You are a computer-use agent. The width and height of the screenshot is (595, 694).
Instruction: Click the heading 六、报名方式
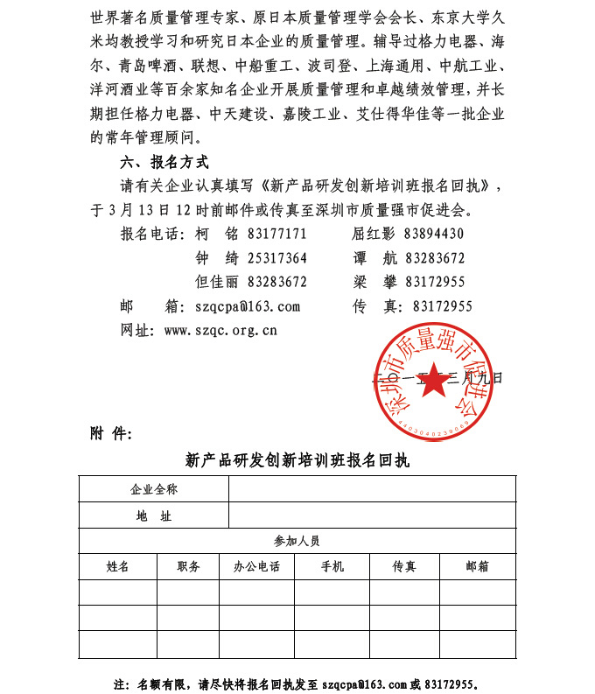(x=164, y=162)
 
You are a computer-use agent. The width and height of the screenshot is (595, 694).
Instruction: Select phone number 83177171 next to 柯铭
(x=277, y=234)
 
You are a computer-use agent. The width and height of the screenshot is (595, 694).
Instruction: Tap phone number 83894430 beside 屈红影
(x=434, y=234)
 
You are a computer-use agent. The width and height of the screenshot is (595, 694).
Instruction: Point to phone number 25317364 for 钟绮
(x=277, y=258)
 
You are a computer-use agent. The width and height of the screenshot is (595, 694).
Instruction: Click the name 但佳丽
(x=217, y=282)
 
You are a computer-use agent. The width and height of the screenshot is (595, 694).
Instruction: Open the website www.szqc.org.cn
(x=220, y=330)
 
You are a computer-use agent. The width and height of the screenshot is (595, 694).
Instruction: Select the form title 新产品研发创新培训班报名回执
(x=297, y=459)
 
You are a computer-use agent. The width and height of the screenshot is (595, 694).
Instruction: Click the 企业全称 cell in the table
(x=154, y=489)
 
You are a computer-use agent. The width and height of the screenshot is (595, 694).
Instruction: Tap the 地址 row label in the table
(x=154, y=515)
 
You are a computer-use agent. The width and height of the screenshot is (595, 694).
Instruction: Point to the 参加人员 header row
(x=297, y=541)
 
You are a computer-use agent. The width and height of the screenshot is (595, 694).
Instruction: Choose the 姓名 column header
(x=118, y=566)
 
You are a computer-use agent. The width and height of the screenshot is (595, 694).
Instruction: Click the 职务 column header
(x=188, y=566)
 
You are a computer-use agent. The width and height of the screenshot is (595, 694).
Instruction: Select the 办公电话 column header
(x=256, y=566)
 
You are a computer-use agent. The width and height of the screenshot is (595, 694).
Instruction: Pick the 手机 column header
(x=332, y=566)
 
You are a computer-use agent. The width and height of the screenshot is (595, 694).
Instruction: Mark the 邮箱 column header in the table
(x=478, y=566)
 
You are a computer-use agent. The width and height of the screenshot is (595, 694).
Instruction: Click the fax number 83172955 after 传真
(x=442, y=306)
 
